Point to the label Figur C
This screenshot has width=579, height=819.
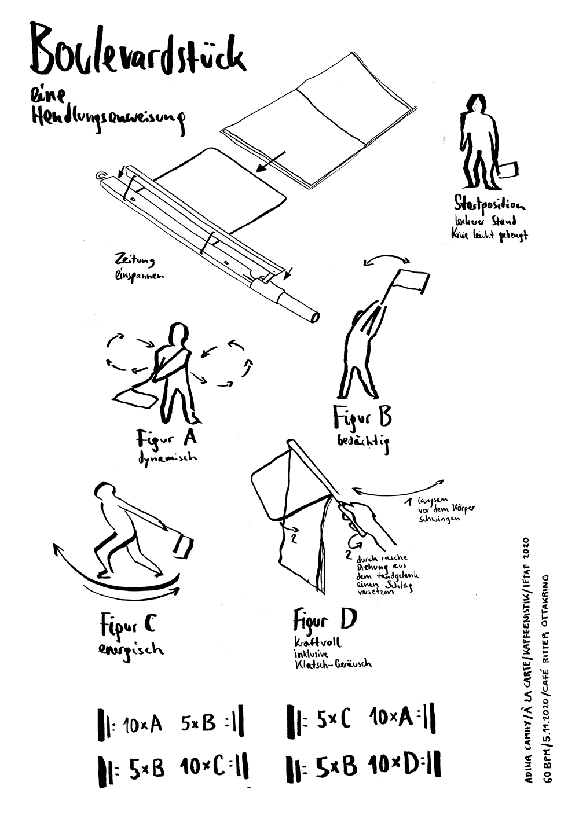pyautogui.click(x=127, y=625)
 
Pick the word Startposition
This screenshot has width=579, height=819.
pyautogui.click(x=490, y=204)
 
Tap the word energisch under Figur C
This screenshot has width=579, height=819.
pyautogui.click(x=130, y=648)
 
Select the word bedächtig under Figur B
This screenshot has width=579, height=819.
pyautogui.click(x=363, y=442)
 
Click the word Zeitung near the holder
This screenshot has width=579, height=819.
pyautogui.click(x=135, y=260)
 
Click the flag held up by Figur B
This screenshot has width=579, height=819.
pyautogui.click(x=412, y=281)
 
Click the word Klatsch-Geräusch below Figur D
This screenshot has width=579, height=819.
pyautogui.click(x=333, y=664)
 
